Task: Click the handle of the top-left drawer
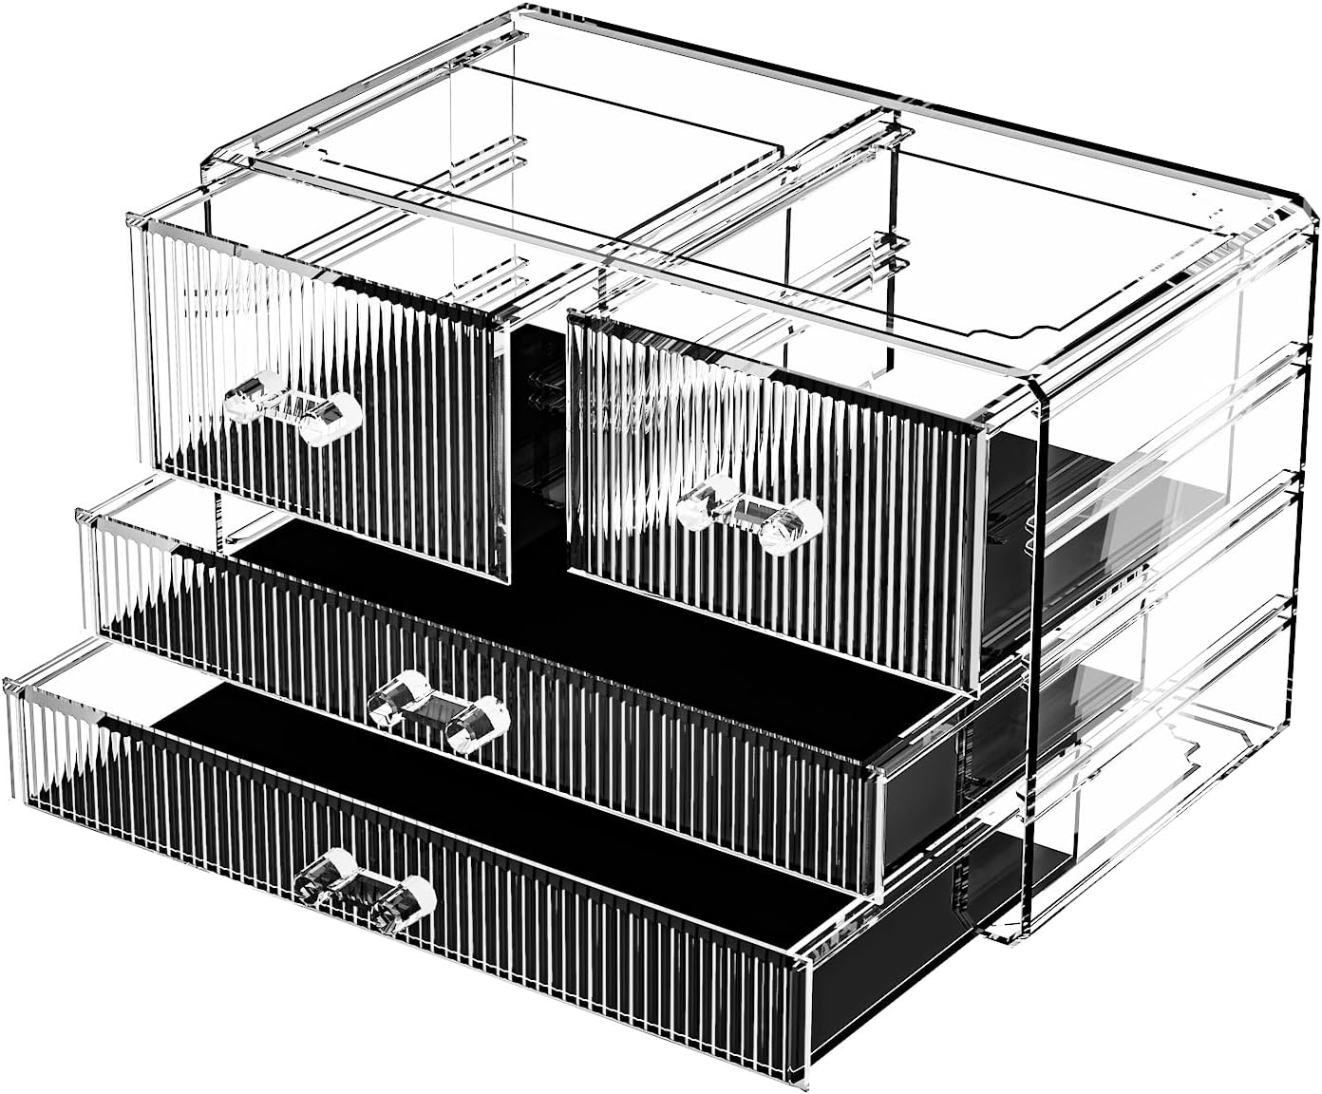(293, 408)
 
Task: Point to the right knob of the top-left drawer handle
(332, 421)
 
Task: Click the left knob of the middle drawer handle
(394, 697)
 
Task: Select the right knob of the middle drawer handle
(479, 725)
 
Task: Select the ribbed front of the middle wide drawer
(665, 760)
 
